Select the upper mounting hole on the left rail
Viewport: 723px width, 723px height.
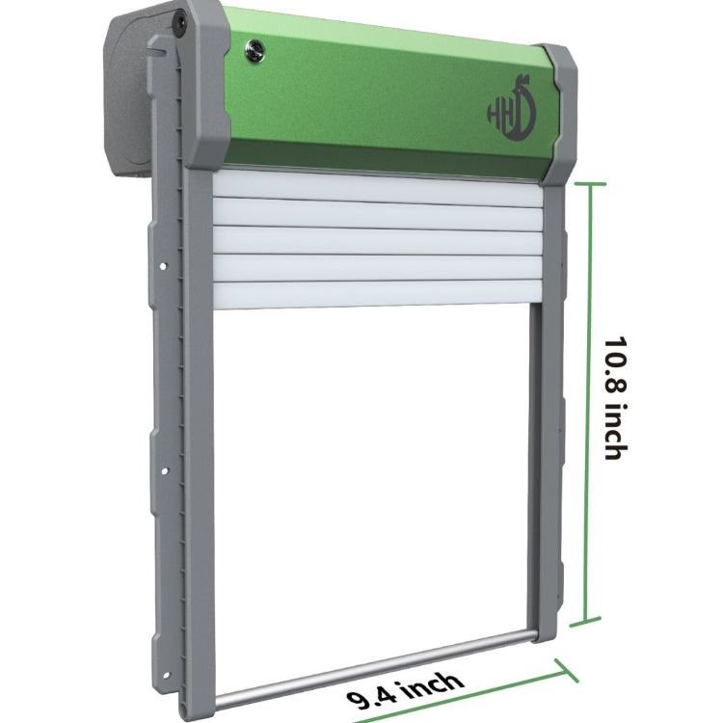click(x=163, y=264)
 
